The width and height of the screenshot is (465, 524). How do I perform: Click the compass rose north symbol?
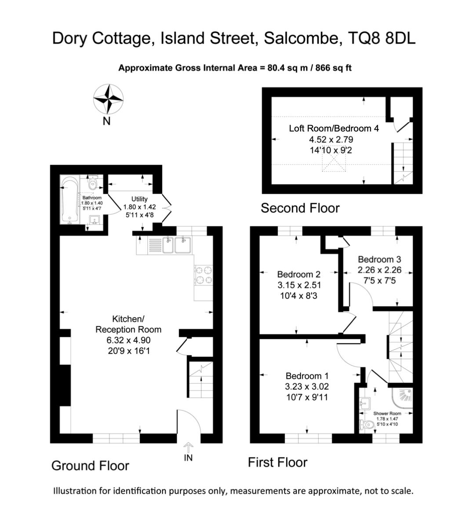[108, 99]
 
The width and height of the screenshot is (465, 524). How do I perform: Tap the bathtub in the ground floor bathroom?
[69, 200]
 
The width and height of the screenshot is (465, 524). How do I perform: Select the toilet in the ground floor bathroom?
[92, 183]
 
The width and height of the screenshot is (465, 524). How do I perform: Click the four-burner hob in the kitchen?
[203, 275]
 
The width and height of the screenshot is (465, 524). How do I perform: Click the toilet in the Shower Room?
[366, 425]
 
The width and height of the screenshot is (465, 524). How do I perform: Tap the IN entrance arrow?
[188, 447]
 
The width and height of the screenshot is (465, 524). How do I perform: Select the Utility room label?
[139, 199]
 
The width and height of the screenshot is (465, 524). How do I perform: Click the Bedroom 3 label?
[380, 259]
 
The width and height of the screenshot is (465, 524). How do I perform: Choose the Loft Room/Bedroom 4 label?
[334, 128]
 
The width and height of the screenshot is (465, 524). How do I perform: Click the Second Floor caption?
[300, 208]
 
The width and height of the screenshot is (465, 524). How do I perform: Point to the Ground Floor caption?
[90, 465]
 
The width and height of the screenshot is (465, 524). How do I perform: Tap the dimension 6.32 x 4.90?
[128, 340]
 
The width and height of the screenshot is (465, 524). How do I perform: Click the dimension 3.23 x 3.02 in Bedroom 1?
[307, 387]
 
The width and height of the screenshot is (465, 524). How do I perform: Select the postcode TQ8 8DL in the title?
[381, 38]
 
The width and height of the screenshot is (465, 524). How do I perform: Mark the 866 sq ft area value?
[334, 68]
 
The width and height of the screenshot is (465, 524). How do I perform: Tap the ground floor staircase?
[200, 380]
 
